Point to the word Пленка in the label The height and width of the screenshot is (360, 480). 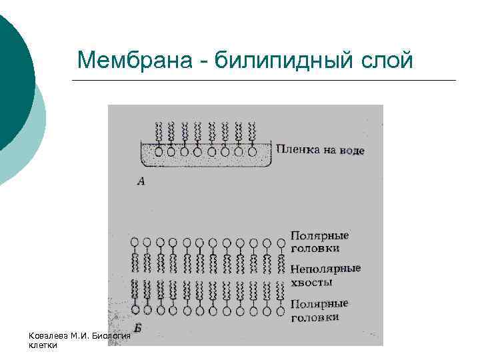[296, 150]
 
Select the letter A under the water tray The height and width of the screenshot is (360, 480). [141, 180]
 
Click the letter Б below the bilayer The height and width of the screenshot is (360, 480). [138, 327]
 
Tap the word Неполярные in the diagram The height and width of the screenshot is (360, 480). [326, 269]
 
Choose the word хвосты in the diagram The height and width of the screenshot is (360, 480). [312, 282]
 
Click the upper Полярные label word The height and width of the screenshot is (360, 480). [320, 235]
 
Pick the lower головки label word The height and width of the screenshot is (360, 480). [315, 317]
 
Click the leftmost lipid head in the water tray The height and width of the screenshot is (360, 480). [158, 152]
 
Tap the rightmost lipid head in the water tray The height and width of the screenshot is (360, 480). [253, 152]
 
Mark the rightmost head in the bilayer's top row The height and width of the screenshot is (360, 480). [279, 242]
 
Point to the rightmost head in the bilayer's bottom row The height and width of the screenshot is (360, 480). [279, 310]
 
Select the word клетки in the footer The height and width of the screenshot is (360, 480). [43, 345]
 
